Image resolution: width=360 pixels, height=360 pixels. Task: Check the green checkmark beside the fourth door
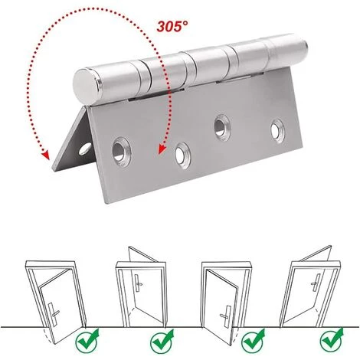pos(331,338)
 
